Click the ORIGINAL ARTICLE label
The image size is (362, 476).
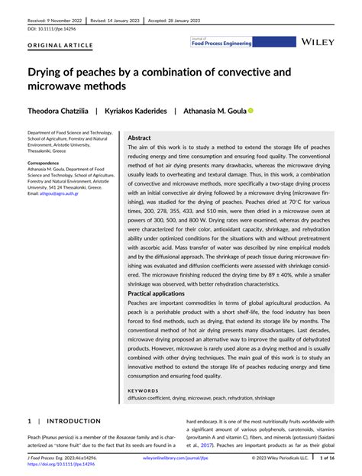(60, 45)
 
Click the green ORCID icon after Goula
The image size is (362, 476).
(250, 111)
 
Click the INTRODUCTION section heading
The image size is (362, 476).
(73, 421)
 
